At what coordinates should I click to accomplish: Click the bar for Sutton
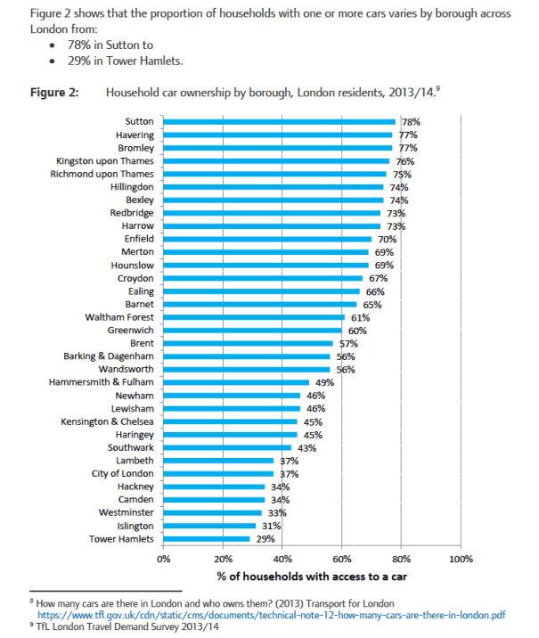279,122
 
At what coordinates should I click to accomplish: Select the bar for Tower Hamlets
207,539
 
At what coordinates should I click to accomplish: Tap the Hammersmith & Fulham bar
236,382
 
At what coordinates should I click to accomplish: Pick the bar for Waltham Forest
254,317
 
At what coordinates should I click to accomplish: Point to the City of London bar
218,474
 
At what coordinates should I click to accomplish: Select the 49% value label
324,382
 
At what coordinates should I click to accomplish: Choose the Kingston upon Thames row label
105,161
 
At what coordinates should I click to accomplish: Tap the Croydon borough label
135,279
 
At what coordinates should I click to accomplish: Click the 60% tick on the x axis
342,560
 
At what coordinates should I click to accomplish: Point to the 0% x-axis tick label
164,560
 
